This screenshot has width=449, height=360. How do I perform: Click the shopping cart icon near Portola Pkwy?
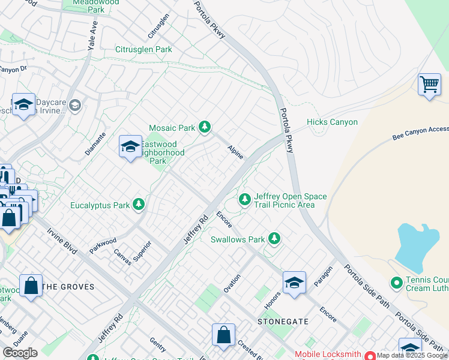pyautogui.click(x=429, y=85)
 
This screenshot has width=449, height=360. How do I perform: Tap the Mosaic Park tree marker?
pyautogui.click(x=205, y=127)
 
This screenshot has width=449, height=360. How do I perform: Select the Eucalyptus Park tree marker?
pyautogui.click(x=139, y=205)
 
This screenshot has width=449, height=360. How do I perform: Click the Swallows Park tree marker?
pyautogui.click(x=274, y=239)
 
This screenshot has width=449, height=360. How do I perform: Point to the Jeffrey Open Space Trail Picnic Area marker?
pyautogui.click(x=244, y=199)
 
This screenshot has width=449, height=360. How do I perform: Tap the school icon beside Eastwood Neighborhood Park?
pyautogui.click(x=130, y=146)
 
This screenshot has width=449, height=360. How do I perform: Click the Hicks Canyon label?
pyautogui.click(x=332, y=122)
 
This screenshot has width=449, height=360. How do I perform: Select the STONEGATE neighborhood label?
pyautogui.click(x=283, y=322)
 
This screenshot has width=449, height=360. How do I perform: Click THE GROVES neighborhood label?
pyautogui.click(x=68, y=287)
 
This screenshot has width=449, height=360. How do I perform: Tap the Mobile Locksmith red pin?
pyautogui.click(x=370, y=355)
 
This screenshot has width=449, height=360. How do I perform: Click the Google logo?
pyautogui.click(x=20, y=353)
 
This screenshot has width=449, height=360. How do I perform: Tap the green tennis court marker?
pyautogui.click(x=396, y=282)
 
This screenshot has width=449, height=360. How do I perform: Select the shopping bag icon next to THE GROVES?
pyautogui.click(x=31, y=286)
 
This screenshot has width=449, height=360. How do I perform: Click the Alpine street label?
pyautogui.click(x=235, y=152)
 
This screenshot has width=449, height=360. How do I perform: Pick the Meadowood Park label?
pyautogui.click(x=95, y=6)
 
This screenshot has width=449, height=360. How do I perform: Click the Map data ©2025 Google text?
pyautogui.click(x=412, y=355)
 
